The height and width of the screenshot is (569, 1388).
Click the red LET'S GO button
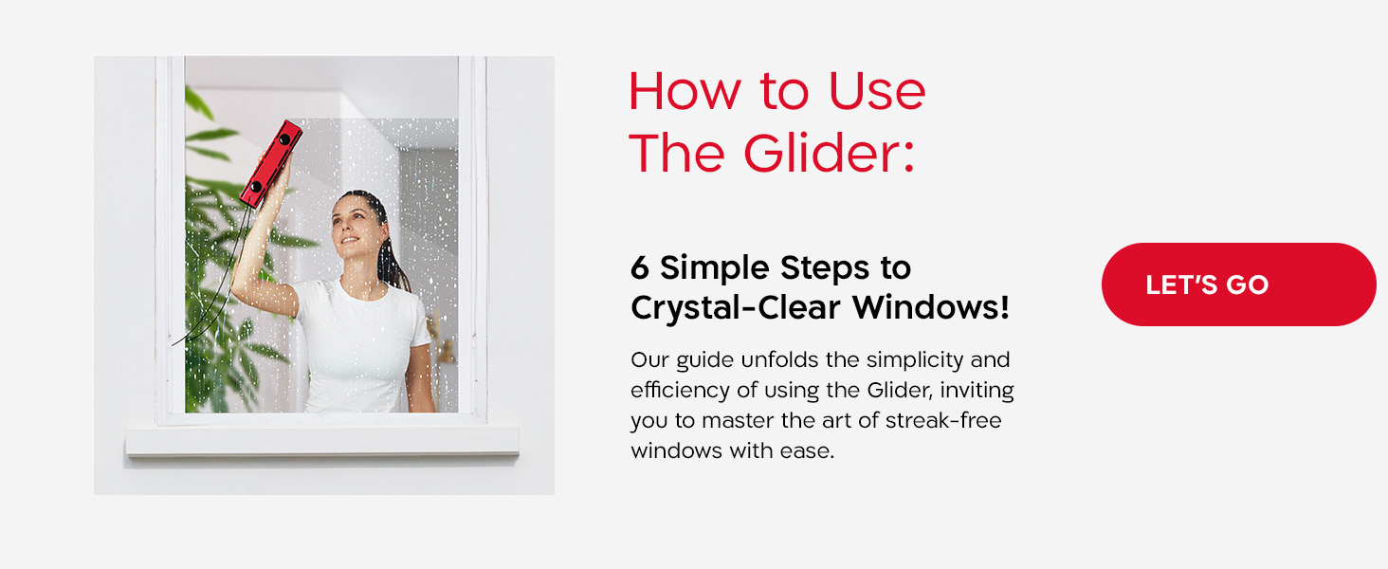1237,284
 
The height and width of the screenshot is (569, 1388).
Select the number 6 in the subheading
640,268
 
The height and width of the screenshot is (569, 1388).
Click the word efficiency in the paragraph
676,391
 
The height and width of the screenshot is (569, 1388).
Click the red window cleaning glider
270,163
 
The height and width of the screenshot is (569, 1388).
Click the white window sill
322,441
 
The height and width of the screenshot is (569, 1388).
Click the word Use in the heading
876,92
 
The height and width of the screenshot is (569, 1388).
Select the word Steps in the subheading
826,268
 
